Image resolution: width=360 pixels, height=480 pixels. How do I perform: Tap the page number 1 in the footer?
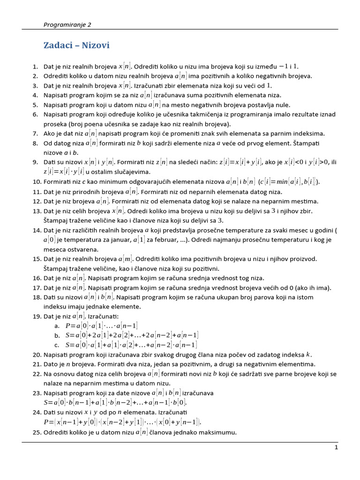pos(336,448)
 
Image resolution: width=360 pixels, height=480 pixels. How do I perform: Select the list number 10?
pos(37,181)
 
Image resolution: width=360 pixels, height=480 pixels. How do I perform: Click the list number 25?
pos(37,432)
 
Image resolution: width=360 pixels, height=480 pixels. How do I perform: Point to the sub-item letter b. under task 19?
pos(57,335)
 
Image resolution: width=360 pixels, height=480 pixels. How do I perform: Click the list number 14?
pos(37,230)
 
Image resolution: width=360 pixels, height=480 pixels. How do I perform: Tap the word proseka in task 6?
pos(55,124)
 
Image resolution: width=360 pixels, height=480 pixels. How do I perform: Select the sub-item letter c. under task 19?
pos(57,345)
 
